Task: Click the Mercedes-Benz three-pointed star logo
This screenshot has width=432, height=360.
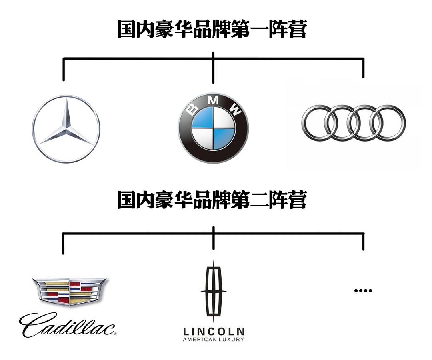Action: pos(66,129)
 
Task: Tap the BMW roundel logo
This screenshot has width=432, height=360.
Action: pos(213,128)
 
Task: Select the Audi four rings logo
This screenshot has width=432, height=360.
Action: pos(354,123)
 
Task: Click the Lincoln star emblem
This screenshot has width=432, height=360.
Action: pos(214,292)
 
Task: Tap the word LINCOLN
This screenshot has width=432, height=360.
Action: pos(214,331)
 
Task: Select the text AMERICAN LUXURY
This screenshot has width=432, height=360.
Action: pos(214,340)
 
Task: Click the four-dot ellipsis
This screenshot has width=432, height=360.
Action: pos(363,290)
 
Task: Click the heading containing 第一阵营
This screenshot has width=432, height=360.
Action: pos(212,30)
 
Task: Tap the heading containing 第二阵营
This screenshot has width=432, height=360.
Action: pos(212,200)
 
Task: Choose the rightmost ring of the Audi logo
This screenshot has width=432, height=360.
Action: pos(388,123)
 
